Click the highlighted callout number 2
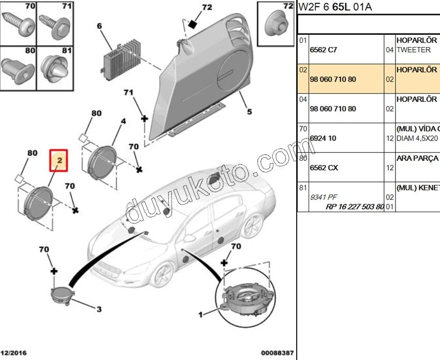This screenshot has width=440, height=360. (60, 161)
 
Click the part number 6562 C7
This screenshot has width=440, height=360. (323, 50)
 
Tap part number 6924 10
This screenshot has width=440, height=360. (322, 138)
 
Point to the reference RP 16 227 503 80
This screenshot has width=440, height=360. (355, 206)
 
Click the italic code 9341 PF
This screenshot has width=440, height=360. (323, 197)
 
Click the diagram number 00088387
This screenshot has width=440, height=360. (277, 353)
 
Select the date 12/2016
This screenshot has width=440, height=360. (14, 353)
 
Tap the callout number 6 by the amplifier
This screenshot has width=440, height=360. (99, 26)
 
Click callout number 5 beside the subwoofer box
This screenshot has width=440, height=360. (249, 111)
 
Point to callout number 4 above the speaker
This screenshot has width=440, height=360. (123, 122)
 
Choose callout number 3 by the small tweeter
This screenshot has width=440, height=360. (98, 309)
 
